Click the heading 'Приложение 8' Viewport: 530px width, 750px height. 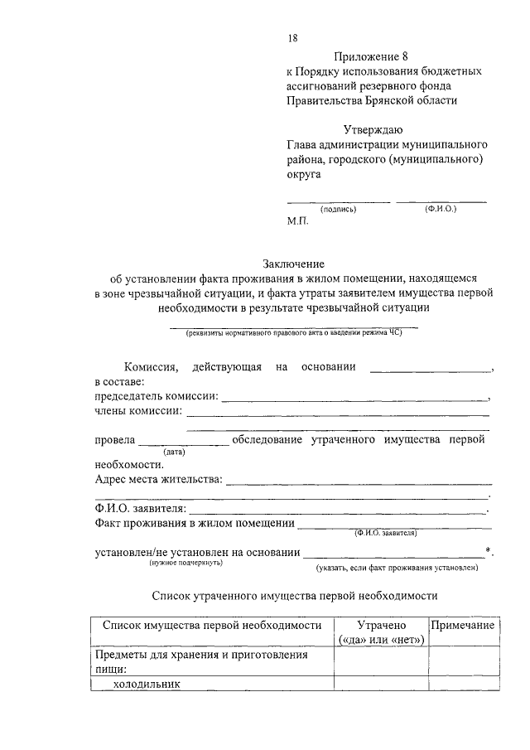click(x=371, y=56)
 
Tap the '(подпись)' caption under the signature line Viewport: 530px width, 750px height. click(x=338, y=210)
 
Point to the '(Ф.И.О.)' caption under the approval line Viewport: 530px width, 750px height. click(x=441, y=209)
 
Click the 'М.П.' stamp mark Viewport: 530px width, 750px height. click(x=297, y=223)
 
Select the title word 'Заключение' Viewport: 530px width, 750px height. click(x=294, y=264)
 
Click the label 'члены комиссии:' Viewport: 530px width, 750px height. click(x=138, y=411)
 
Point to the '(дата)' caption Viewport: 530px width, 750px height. click(x=174, y=452)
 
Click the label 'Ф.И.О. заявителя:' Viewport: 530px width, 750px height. click(x=141, y=508)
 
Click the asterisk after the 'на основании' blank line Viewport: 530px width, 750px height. click(x=489, y=549)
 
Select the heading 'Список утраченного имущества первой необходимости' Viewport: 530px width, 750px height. click(x=294, y=596)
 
